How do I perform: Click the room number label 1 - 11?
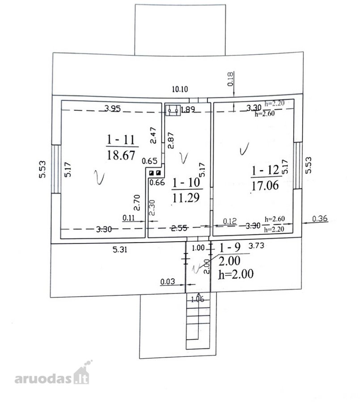click(121, 139)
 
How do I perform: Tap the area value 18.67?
click(121, 155)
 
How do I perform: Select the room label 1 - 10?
click(186, 182)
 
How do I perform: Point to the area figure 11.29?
click(186, 197)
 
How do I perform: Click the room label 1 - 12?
click(265, 170)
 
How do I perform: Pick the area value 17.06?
click(265, 185)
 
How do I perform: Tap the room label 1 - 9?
click(229, 247)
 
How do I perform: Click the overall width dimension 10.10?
click(180, 89)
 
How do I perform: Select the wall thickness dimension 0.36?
click(320, 218)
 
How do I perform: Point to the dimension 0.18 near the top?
click(230, 79)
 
